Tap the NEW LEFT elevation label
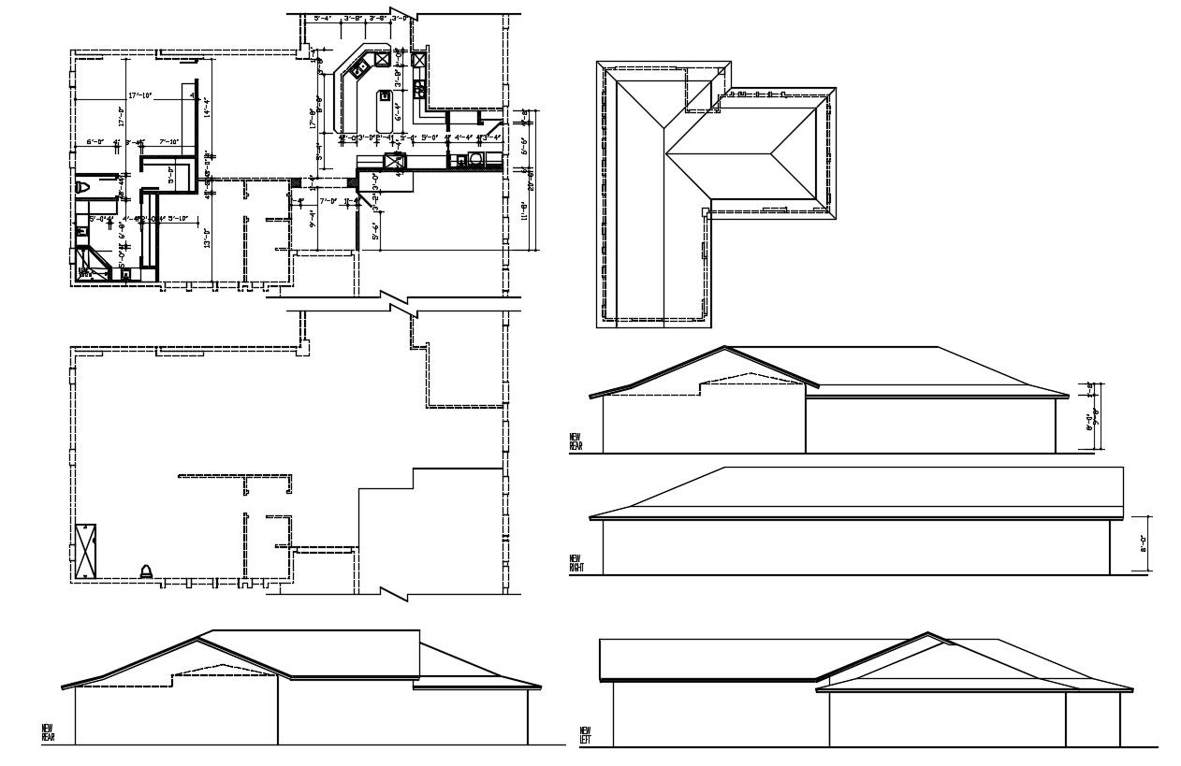[586, 734]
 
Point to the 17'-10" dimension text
[139, 95]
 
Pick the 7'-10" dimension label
[169, 142]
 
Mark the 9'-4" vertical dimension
[313, 221]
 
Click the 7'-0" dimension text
[328, 200]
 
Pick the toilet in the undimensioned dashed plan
[147, 571]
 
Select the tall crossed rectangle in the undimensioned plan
[87, 551]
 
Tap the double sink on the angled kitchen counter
[357, 68]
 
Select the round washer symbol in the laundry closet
[479, 159]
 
